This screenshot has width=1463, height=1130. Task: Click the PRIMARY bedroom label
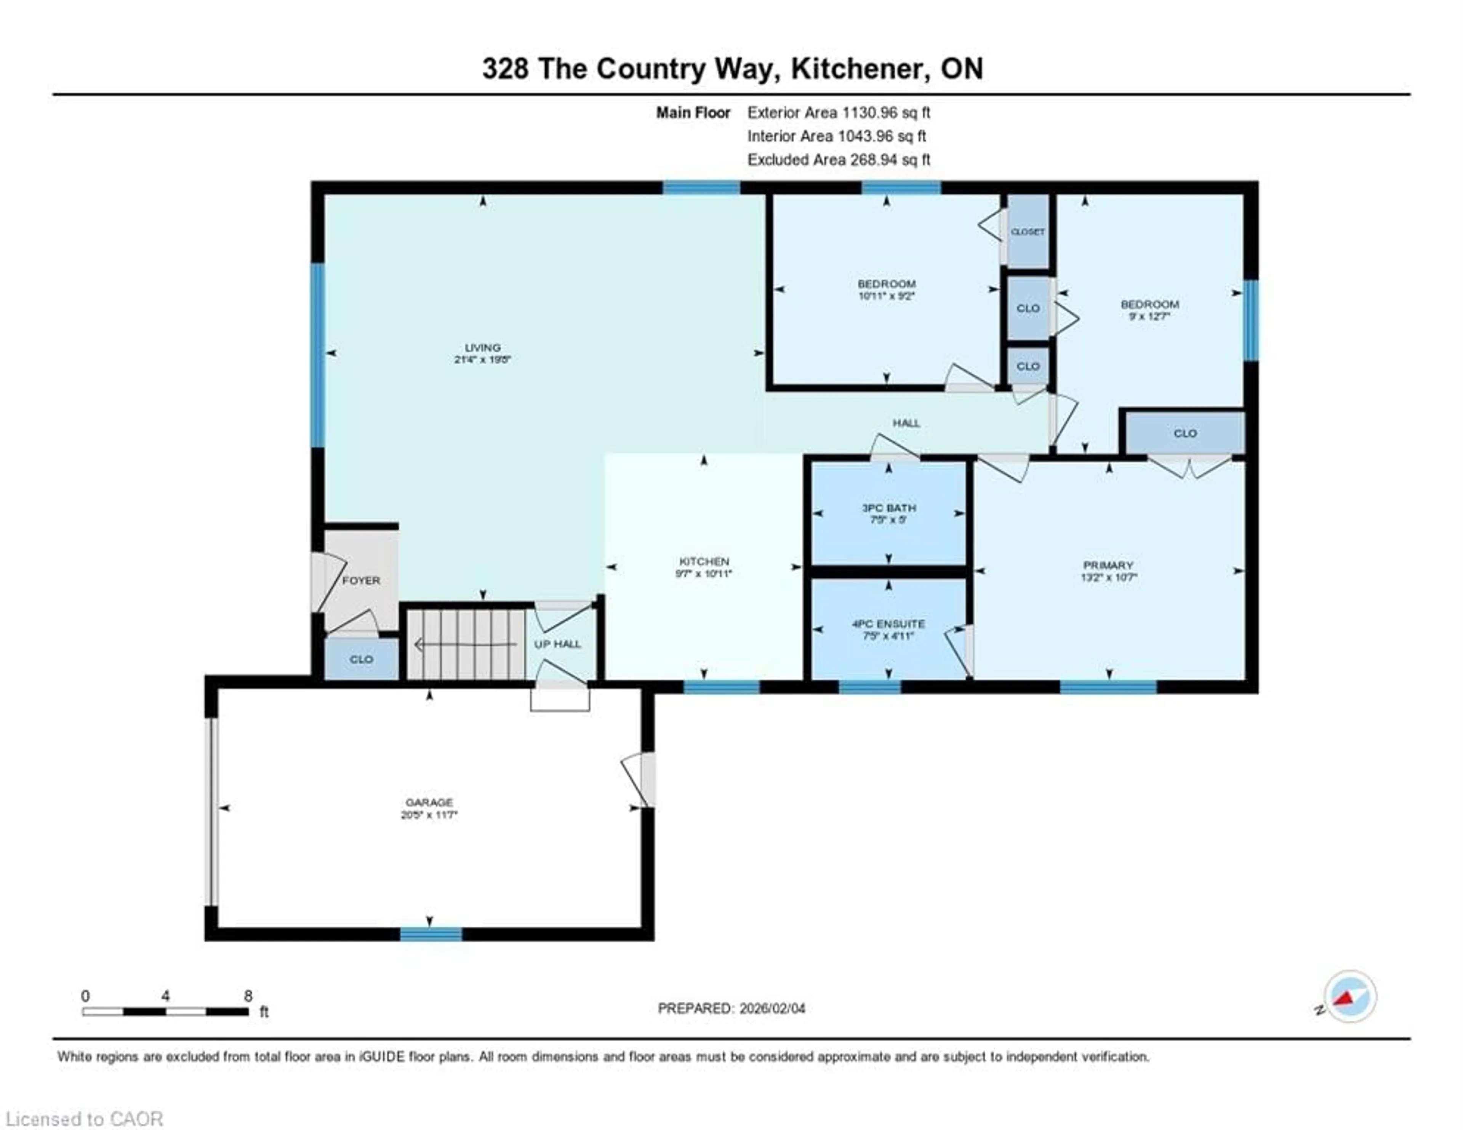(1108, 565)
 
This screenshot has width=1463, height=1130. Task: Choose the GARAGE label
(429, 802)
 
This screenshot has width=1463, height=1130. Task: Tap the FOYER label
(361, 580)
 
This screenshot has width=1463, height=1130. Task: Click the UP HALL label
(557, 644)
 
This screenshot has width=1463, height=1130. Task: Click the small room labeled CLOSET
(1028, 231)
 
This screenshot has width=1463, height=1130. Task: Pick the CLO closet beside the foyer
(361, 659)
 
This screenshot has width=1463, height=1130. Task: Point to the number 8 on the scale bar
(248, 996)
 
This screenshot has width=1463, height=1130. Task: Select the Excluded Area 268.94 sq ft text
(839, 160)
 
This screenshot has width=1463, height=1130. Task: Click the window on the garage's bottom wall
(431, 934)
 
